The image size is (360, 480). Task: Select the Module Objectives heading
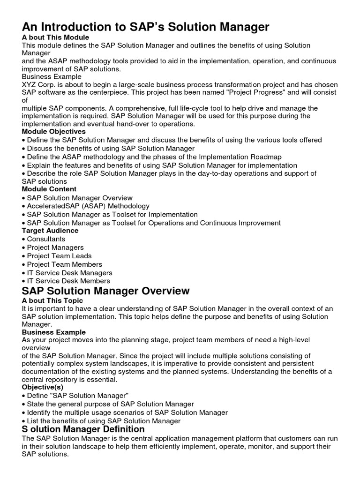pos(54,132)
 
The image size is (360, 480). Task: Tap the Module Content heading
pos(49,189)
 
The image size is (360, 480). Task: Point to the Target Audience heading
pos(50,231)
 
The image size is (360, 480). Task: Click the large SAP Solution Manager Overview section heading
pos(105,291)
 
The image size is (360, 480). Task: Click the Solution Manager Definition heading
pos(83,429)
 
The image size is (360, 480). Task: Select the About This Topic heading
pos(52,300)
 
